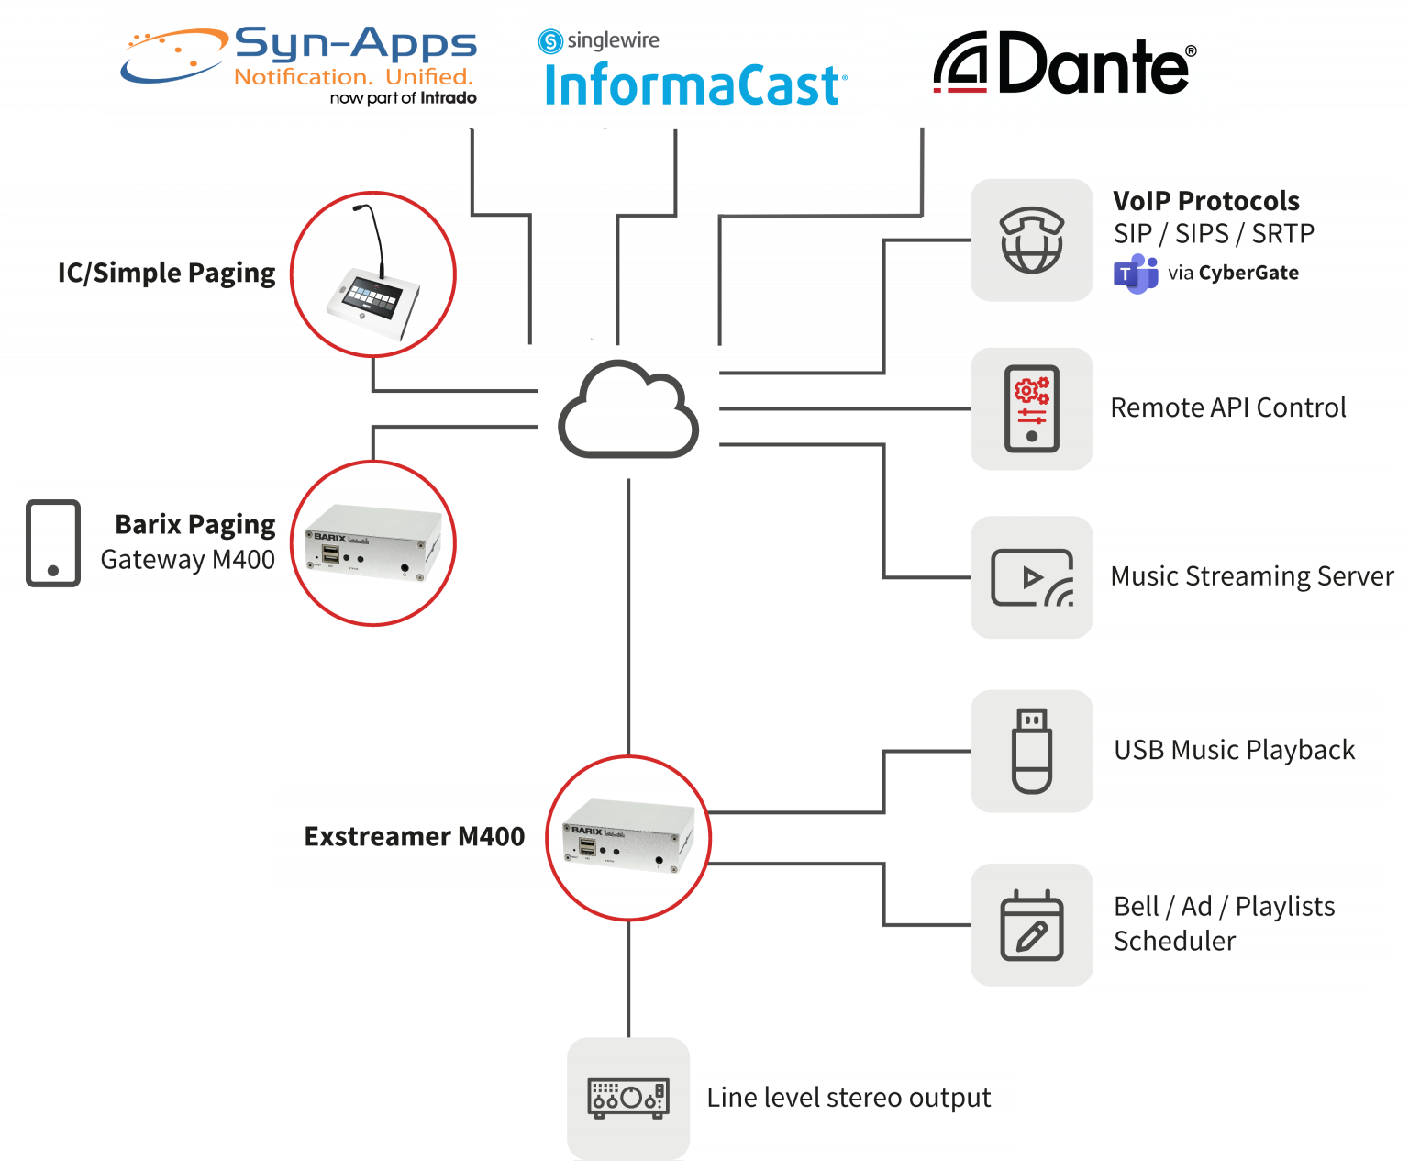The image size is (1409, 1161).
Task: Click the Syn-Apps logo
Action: pyautogui.click(x=299, y=67)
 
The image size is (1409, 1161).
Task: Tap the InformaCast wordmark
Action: pyautogui.click(x=693, y=84)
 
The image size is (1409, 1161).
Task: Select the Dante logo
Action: pyautogui.click(x=1064, y=64)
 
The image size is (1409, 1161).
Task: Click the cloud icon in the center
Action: pyautogui.click(x=628, y=409)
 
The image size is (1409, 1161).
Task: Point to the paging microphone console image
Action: pyautogui.click(x=373, y=274)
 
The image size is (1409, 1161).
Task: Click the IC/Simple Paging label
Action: pyautogui.click(x=166, y=274)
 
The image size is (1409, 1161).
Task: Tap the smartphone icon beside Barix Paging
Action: pyautogui.click(x=53, y=542)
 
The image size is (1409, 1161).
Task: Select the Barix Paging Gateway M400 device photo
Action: pyautogui.click(x=373, y=543)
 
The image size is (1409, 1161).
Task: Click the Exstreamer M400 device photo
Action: pyautogui.click(x=628, y=838)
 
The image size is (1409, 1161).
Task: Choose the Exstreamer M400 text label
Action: pyautogui.click(x=415, y=837)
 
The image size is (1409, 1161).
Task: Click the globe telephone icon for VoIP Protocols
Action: pyautogui.click(x=1032, y=240)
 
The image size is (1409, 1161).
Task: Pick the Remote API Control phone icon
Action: pyautogui.click(x=1032, y=409)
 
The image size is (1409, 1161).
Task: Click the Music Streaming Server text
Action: pyautogui.click(x=1252, y=576)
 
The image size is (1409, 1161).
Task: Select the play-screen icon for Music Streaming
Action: pyautogui.click(x=1032, y=578)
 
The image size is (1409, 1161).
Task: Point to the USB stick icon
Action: pyautogui.click(x=1032, y=751)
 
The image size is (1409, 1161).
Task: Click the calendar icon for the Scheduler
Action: pyautogui.click(x=1032, y=925)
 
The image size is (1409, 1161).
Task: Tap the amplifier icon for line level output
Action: pyautogui.click(x=628, y=1098)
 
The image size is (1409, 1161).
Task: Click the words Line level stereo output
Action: pyautogui.click(x=849, y=1098)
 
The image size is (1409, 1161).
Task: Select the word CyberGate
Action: pyautogui.click(x=1248, y=273)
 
